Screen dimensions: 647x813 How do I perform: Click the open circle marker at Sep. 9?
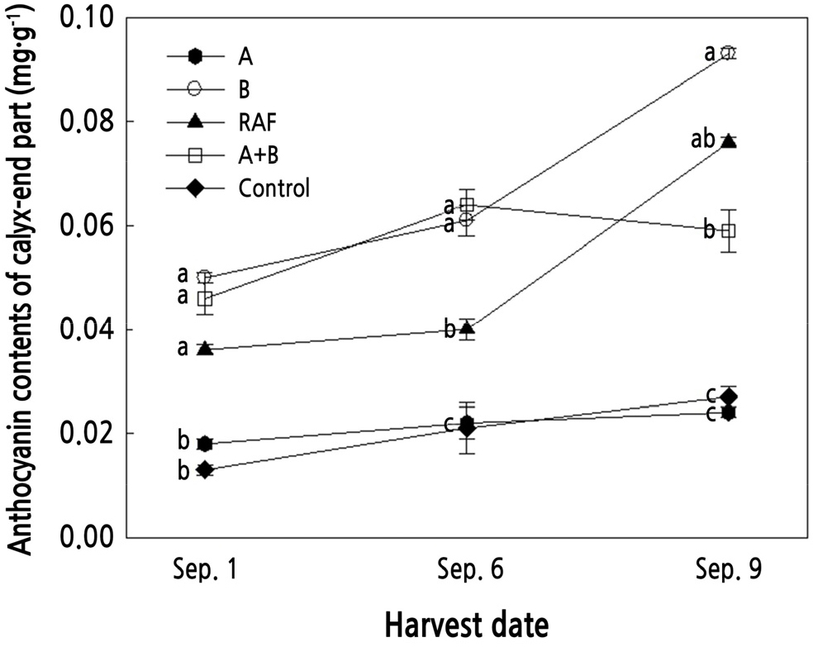coord(728,53)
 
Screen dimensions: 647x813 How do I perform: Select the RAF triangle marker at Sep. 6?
coord(467,329)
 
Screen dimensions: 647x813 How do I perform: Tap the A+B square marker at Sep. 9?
coord(728,231)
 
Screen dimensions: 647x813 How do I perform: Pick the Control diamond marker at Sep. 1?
coord(206,470)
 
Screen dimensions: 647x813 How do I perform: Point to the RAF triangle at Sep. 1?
coord(206,350)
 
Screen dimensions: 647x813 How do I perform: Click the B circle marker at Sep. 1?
coord(206,277)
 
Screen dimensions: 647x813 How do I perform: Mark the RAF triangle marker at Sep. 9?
coord(728,141)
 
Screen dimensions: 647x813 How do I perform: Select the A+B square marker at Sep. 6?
coord(467,205)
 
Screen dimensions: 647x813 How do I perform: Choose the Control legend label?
coord(273,188)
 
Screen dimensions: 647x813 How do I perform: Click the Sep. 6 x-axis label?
coord(467,571)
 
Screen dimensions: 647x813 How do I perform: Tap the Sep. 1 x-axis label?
coord(206,571)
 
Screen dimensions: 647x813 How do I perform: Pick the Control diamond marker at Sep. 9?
coord(728,397)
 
